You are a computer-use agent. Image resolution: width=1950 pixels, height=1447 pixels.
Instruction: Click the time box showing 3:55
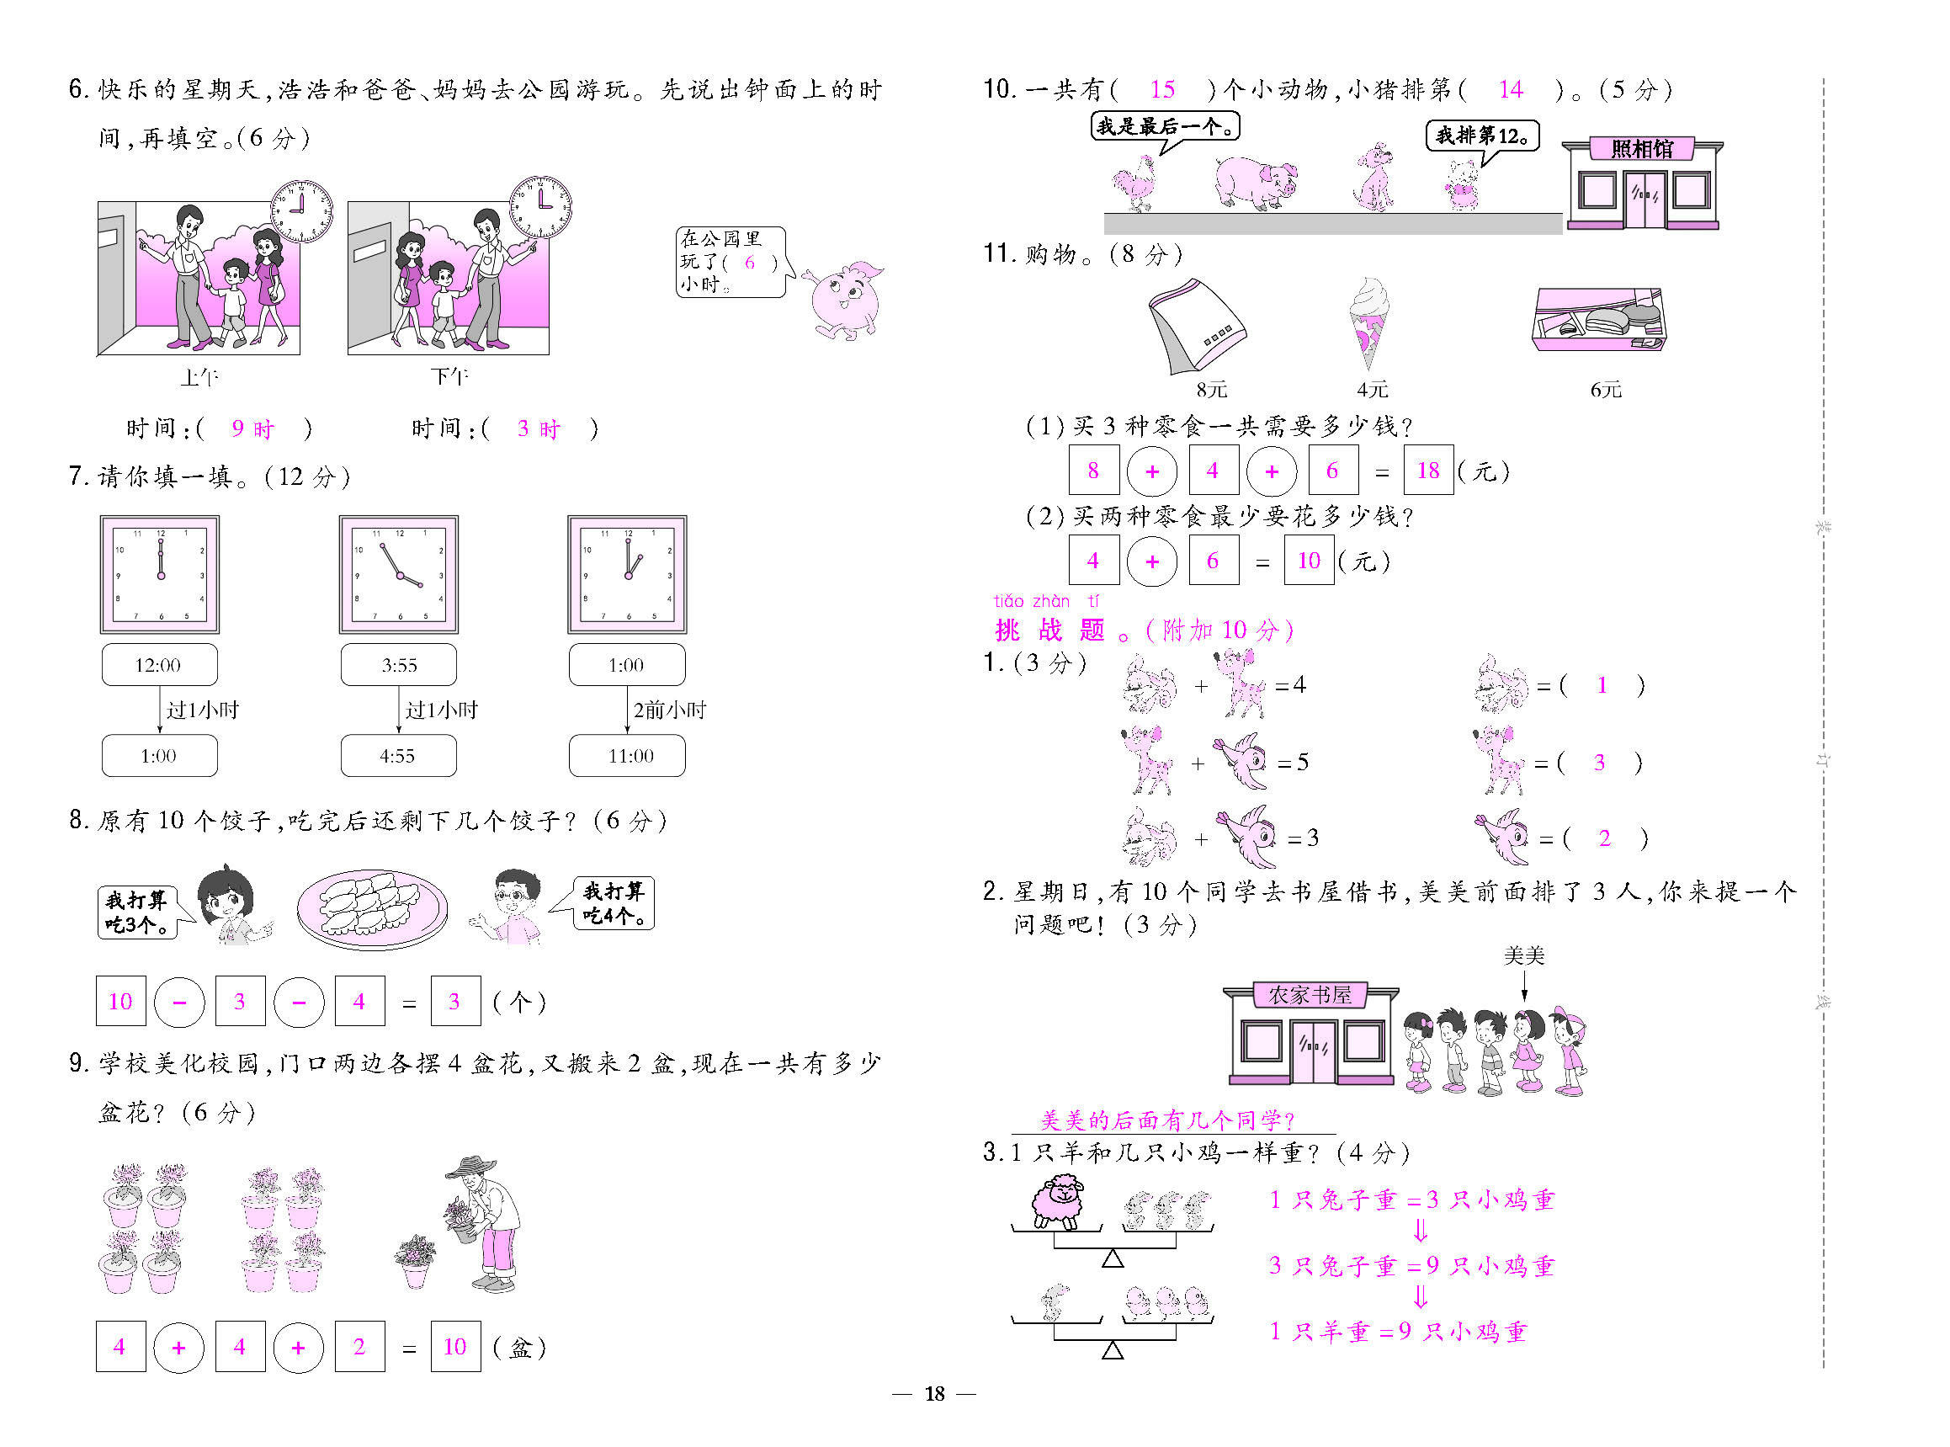(398, 665)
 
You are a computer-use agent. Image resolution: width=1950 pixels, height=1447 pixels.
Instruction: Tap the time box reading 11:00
(627, 756)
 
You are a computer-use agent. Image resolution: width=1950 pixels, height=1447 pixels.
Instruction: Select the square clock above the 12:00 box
(160, 575)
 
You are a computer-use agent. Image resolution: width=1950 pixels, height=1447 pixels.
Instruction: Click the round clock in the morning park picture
(301, 212)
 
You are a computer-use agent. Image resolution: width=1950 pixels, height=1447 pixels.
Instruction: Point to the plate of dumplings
(372, 909)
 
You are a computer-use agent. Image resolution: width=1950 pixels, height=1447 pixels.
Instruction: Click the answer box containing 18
(1428, 471)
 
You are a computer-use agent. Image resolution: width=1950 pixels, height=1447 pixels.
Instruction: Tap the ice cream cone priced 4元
(1369, 324)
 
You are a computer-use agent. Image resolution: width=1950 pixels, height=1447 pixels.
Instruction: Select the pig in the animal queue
(1256, 182)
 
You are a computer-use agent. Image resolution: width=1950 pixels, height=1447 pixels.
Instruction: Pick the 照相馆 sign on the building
(1642, 149)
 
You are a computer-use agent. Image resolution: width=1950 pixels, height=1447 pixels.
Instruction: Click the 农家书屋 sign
(1310, 995)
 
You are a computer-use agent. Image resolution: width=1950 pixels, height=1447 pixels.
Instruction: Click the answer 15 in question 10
(1162, 89)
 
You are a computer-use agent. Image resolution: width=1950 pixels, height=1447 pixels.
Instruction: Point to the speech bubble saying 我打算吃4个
(613, 903)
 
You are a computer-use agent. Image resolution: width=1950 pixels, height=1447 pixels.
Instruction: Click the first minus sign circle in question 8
(179, 1001)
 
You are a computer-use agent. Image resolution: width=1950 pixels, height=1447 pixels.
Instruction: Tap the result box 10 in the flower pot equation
(455, 1346)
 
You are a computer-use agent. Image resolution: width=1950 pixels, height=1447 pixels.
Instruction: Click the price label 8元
(1212, 389)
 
